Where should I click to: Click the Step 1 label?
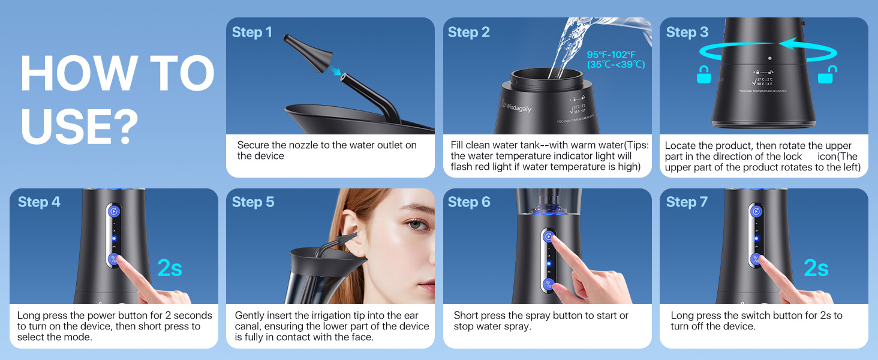(x=252, y=32)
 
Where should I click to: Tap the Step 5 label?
(x=253, y=202)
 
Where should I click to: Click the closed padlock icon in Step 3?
(x=703, y=76)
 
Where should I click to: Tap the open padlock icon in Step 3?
(x=828, y=76)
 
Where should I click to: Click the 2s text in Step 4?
(x=169, y=268)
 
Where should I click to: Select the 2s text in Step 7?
(x=816, y=268)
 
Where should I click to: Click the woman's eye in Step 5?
(x=416, y=225)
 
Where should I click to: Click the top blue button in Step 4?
(x=114, y=211)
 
